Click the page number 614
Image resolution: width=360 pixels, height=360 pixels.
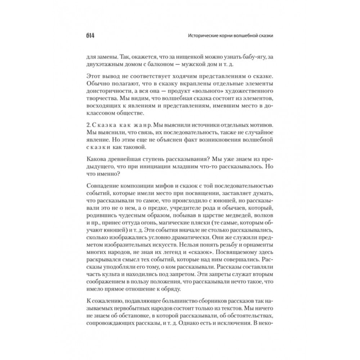90,36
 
